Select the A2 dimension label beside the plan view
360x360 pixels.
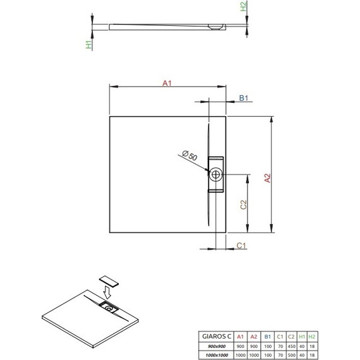tap(267, 178)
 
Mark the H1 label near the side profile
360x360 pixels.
tap(89, 44)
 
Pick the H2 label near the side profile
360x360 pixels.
tap(243, 8)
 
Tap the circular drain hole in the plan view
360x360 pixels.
tap(216, 174)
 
